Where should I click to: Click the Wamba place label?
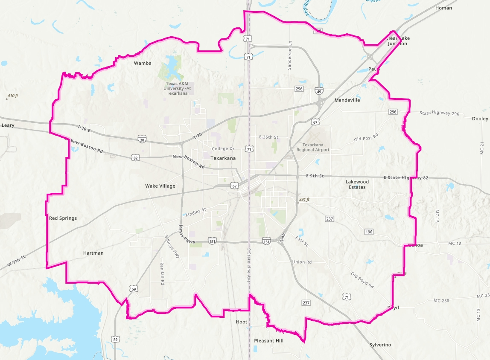(143, 63)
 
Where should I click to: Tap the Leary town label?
(8, 125)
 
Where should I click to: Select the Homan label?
(443, 8)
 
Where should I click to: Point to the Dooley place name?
(480, 119)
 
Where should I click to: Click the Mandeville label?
(347, 100)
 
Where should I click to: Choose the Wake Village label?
(160, 186)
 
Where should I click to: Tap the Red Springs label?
(63, 218)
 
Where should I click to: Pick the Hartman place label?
(93, 253)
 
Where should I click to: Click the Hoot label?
(242, 322)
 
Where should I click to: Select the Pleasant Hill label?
(268, 340)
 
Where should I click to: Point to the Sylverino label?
(380, 345)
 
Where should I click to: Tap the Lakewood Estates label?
(357, 184)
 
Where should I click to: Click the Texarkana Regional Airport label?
(313, 147)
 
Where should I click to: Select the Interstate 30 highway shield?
(142, 139)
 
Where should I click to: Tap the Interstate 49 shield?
(320, 91)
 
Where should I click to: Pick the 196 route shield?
(369, 232)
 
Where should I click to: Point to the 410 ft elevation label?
(12, 96)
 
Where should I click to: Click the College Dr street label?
(223, 148)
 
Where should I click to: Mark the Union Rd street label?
(302, 261)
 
